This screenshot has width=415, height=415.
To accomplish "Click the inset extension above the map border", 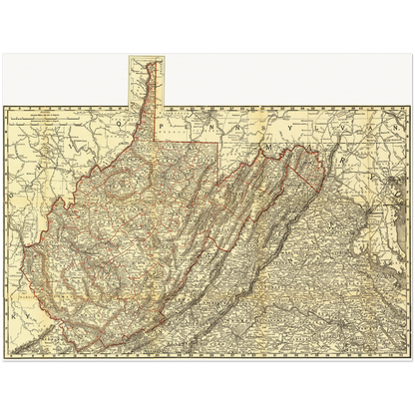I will pyautogui.click(x=146, y=80).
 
